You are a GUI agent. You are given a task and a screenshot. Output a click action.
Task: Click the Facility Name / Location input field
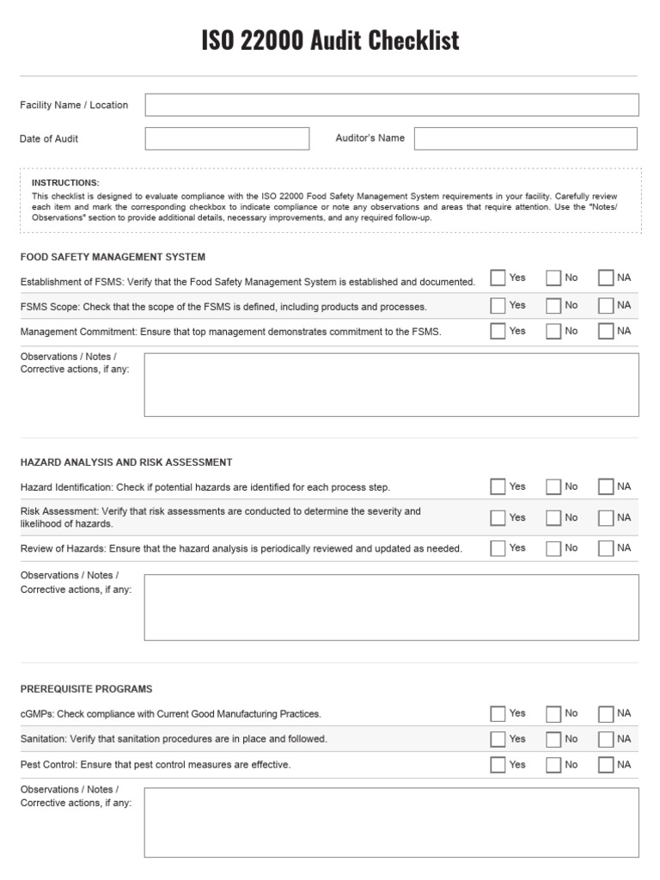pyautogui.click(x=392, y=105)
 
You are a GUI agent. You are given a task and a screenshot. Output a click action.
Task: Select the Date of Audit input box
pyautogui.click(x=227, y=138)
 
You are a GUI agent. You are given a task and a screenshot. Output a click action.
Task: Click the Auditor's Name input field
pyautogui.click(x=526, y=138)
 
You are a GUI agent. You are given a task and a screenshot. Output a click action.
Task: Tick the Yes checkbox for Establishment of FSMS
pyautogui.click(x=498, y=278)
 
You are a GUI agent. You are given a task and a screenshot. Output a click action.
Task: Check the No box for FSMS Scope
pyautogui.click(x=553, y=306)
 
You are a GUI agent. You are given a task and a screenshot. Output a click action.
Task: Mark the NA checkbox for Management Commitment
pyautogui.click(x=606, y=332)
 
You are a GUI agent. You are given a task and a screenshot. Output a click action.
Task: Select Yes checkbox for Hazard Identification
pyautogui.click(x=498, y=487)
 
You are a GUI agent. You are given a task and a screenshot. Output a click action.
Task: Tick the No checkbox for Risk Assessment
pyautogui.click(x=553, y=518)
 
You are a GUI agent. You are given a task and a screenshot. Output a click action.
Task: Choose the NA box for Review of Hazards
pyautogui.click(x=606, y=548)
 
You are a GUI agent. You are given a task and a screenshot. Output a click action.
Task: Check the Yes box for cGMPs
pyautogui.click(x=498, y=714)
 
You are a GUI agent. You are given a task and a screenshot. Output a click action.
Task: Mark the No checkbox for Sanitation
pyautogui.click(x=553, y=740)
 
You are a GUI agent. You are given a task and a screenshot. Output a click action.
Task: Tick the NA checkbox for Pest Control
pyautogui.click(x=606, y=765)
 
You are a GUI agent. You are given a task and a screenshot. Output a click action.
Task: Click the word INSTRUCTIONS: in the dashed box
pyautogui.click(x=65, y=183)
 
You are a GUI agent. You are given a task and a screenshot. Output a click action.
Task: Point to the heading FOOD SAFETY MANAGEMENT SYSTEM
pyautogui.click(x=113, y=257)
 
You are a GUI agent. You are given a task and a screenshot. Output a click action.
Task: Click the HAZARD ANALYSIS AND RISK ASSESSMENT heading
pyautogui.click(x=126, y=462)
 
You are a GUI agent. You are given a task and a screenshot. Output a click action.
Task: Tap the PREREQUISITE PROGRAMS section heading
pyautogui.click(x=86, y=689)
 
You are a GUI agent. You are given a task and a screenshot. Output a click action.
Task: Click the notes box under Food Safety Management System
pyautogui.click(x=391, y=385)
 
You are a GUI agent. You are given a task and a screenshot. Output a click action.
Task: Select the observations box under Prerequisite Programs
pyautogui.click(x=391, y=822)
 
